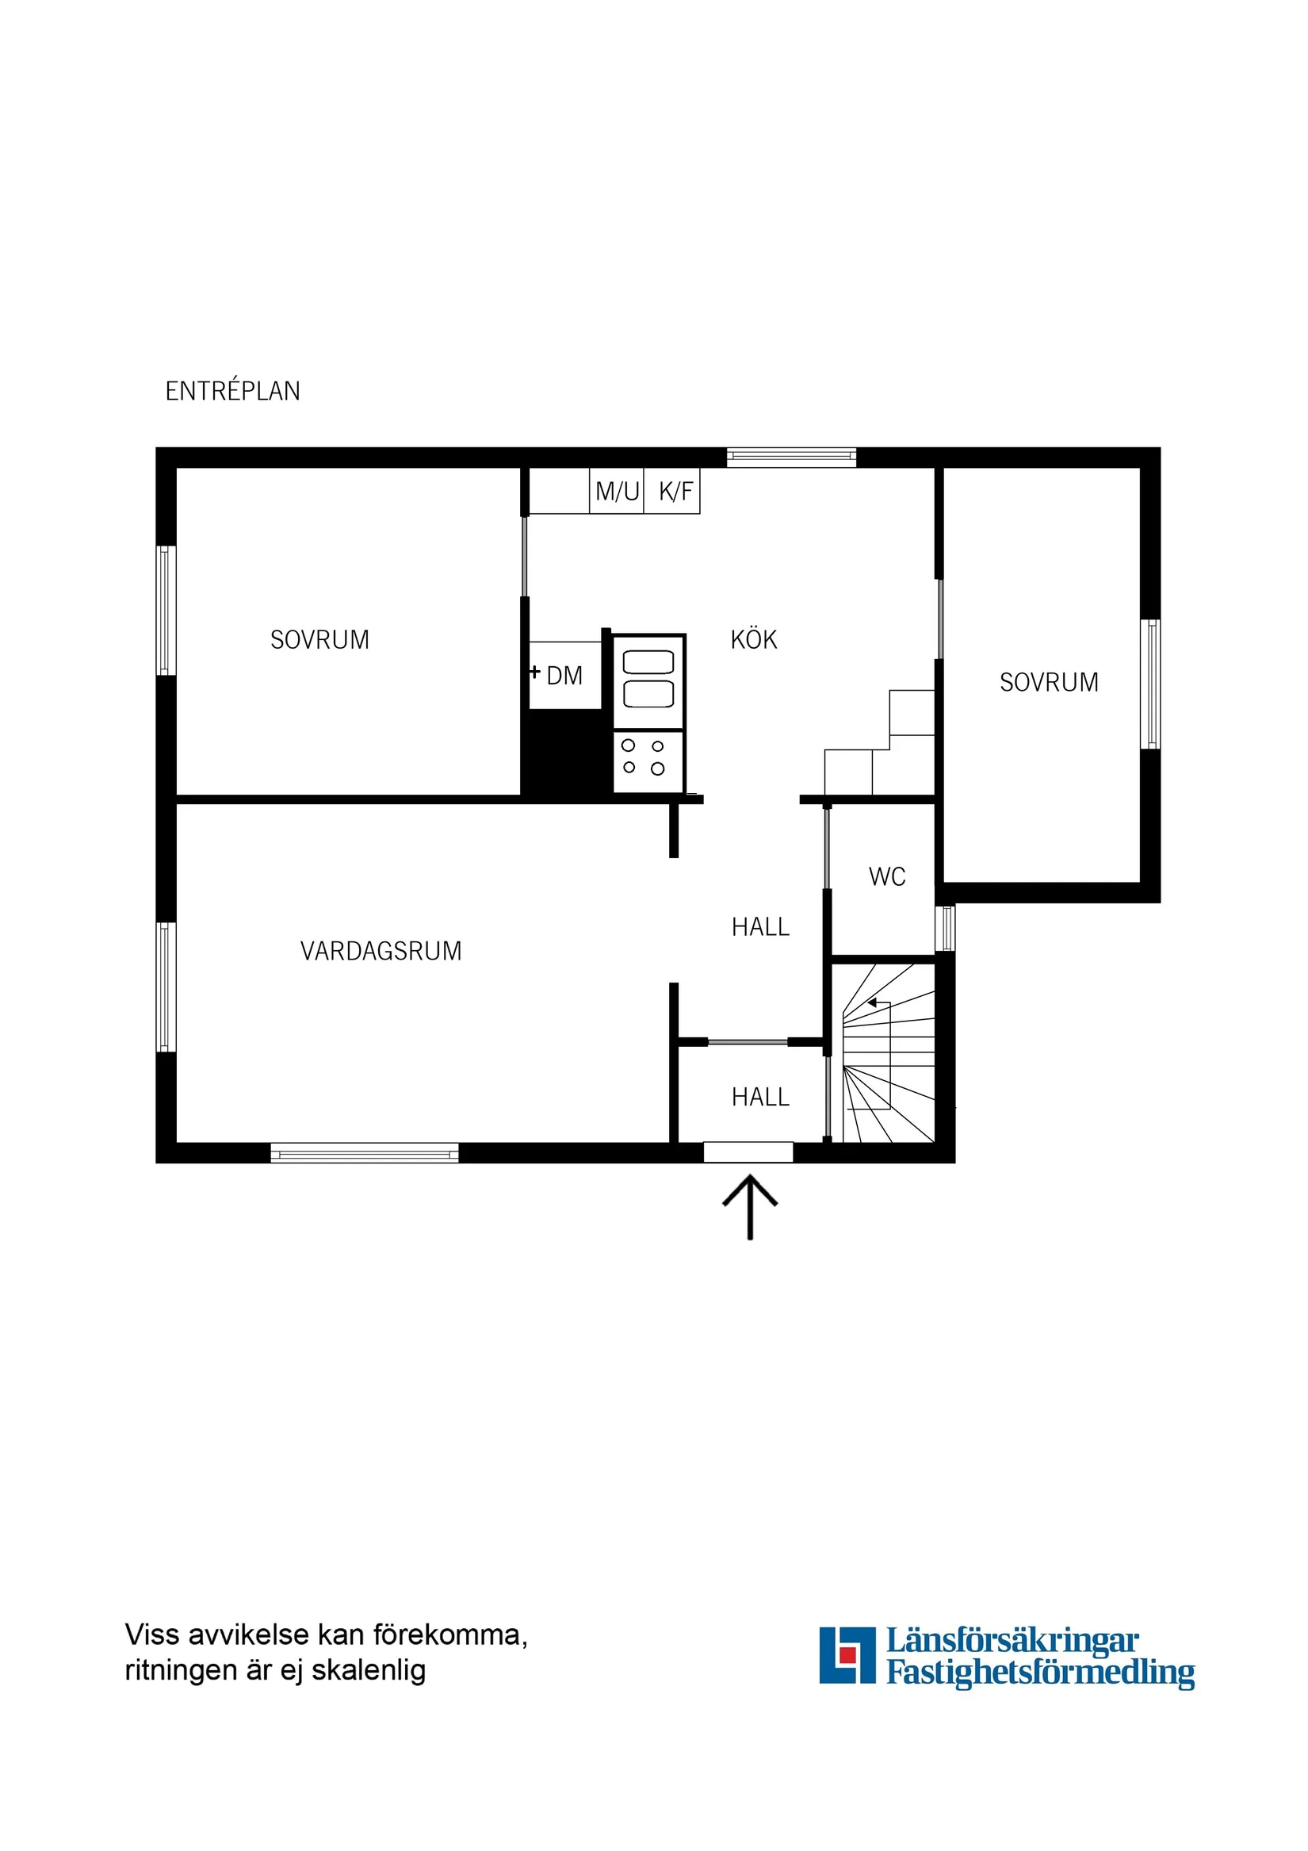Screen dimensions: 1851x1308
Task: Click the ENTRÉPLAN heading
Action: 233,391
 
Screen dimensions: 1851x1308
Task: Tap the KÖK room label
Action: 754,640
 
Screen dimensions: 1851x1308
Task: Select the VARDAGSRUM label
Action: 381,952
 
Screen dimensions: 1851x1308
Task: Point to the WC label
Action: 886,877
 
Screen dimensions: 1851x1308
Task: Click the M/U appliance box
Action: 617,491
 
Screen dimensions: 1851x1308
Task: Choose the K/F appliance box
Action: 675,491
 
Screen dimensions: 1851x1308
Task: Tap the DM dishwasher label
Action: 564,676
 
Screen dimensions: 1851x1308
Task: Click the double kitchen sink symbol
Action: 648,679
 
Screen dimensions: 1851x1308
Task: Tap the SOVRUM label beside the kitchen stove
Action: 319,640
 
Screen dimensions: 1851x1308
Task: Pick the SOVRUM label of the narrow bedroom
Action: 1049,683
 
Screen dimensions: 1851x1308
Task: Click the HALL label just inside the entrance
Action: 760,1098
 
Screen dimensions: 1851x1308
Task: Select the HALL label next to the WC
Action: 760,927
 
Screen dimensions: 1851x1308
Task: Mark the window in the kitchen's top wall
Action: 791,457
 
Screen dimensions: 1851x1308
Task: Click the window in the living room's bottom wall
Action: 365,1153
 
